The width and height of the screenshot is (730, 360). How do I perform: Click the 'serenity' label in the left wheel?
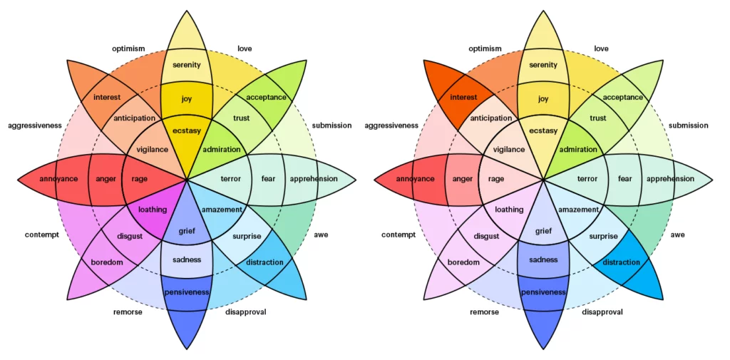click(x=187, y=65)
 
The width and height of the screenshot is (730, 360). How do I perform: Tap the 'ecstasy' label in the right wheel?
click(x=543, y=130)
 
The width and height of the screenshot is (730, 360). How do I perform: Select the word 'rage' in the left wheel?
click(x=140, y=179)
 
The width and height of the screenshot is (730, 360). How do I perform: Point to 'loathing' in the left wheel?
click(x=152, y=210)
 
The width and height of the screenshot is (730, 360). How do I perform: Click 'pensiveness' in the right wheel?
click(x=543, y=292)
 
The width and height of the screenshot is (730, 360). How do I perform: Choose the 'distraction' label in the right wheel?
click(x=621, y=262)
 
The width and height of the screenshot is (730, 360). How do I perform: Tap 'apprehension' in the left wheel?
click(x=314, y=179)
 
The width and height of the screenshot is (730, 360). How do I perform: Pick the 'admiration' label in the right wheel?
click(x=578, y=150)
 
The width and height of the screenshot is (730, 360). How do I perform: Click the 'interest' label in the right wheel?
click(x=463, y=98)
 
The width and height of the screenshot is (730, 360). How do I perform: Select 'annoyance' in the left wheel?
click(x=58, y=179)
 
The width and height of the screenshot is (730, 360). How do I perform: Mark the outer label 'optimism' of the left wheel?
click(x=128, y=48)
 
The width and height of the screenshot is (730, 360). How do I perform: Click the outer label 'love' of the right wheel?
click(x=601, y=48)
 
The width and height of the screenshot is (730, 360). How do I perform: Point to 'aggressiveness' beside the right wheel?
click(x=391, y=125)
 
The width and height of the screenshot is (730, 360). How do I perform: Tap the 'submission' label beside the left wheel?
click(x=332, y=125)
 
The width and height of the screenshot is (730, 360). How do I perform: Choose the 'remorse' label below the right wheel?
click(x=485, y=312)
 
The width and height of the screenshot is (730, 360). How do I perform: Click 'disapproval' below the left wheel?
click(x=246, y=312)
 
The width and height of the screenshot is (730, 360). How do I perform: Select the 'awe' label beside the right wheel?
click(x=678, y=235)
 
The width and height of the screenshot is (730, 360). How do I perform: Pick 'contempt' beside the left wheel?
click(x=41, y=235)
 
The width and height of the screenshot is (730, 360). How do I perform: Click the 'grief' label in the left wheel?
click(x=187, y=231)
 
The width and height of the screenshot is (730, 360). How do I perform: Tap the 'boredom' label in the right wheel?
click(x=463, y=262)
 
